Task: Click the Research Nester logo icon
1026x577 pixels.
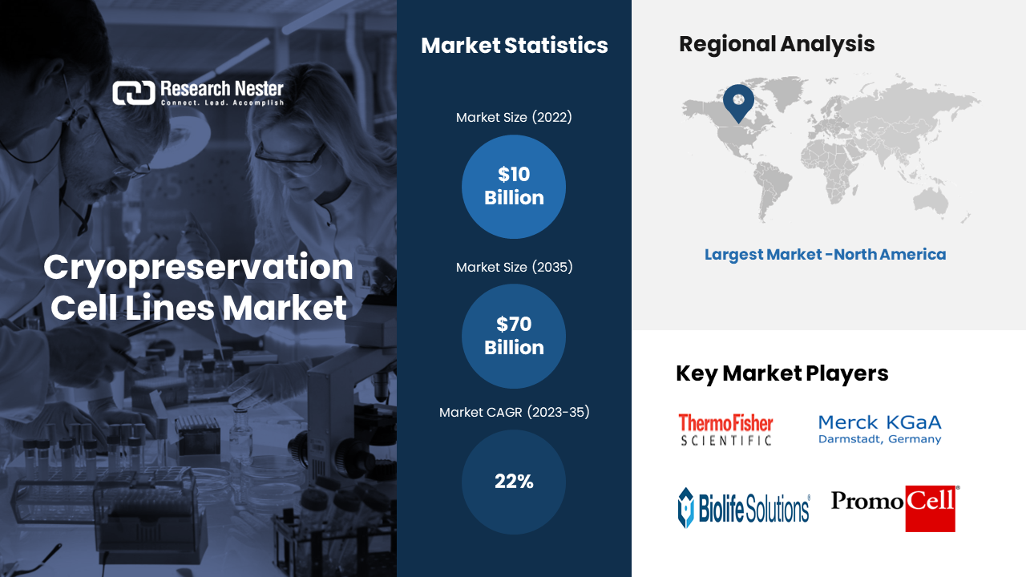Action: [134, 93]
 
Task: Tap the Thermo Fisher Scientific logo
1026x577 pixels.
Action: [725, 429]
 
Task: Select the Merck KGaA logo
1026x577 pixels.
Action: [879, 429]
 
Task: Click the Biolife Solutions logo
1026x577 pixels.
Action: [744, 508]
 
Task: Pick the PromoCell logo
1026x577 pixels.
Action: [895, 508]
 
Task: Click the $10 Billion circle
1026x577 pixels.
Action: [514, 187]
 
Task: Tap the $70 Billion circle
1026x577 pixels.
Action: [514, 336]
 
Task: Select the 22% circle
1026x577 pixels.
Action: [514, 482]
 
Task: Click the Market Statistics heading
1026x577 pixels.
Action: [515, 46]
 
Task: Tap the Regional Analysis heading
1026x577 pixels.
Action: [777, 44]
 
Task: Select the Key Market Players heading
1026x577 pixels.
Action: [782, 373]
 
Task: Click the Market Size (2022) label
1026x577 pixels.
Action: [514, 117]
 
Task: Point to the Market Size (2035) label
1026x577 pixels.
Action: [514, 267]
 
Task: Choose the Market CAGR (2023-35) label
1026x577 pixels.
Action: [514, 412]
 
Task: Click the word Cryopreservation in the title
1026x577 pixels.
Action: [198, 268]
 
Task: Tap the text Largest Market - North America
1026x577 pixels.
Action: [825, 255]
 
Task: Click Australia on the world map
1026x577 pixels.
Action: [931, 201]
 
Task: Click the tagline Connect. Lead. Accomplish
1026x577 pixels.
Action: [222, 103]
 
